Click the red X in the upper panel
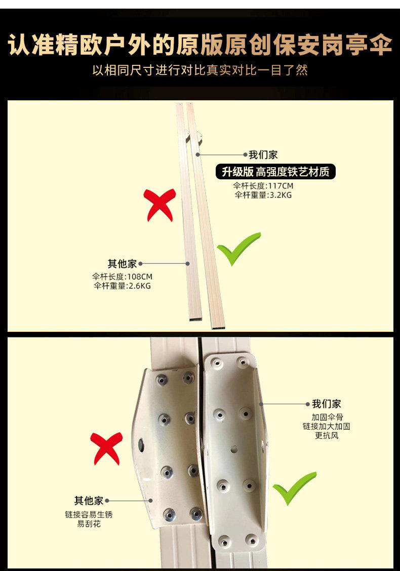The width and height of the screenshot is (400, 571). tap(160, 204)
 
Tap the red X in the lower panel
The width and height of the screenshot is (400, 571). tap(106, 448)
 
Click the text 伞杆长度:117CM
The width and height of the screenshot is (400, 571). tap(263, 185)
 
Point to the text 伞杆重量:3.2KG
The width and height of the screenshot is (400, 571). tap(263, 195)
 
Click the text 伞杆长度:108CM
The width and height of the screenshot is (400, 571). tap(122, 277)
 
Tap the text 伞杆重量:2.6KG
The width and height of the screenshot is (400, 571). tap(122, 286)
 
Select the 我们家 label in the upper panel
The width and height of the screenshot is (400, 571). tap(263, 155)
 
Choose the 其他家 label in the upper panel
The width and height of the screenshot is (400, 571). tap(122, 263)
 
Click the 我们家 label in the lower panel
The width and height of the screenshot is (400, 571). tap(326, 404)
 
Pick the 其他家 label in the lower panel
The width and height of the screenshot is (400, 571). tap(89, 501)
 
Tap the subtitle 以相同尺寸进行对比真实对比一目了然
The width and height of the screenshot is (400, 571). tap(200, 69)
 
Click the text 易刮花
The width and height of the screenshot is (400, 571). tap(89, 523)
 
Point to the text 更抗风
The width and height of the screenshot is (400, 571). tap(327, 435)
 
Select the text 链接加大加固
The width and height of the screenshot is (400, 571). tap(327, 426)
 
